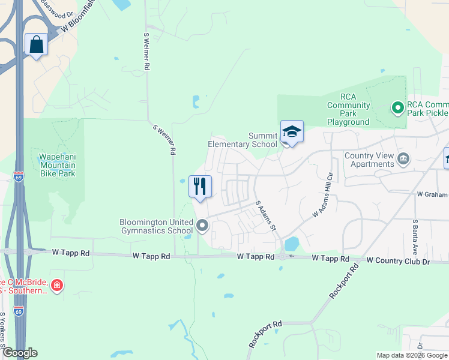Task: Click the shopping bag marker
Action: pyautogui.click(x=36, y=45)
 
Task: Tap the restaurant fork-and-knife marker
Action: pyautogui.click(x=200, y=186)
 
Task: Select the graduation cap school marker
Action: pyautogui.click(x=292, y=132)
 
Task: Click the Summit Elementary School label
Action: pyautogui.click(x=243, y=140)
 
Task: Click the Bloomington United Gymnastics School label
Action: pyautogui.click(x=156, y=226)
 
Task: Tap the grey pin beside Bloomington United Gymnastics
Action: pyautogui.click(x=202, y=226)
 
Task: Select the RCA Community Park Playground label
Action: pyautogui.click(x=348, y=109)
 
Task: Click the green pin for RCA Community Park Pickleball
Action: pyautogui.click(x=397, y=108)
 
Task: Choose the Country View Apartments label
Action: pyautogui.click(x=369, y=160)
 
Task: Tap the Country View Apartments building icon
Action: pyautogui.click(x=403, y=158)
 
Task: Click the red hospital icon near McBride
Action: pyautogui.click(x=57, y=285)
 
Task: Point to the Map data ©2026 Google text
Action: pyautogui.click(x=412, y=355)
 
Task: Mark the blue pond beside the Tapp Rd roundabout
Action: pyautogui.click(x=292, y=244)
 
